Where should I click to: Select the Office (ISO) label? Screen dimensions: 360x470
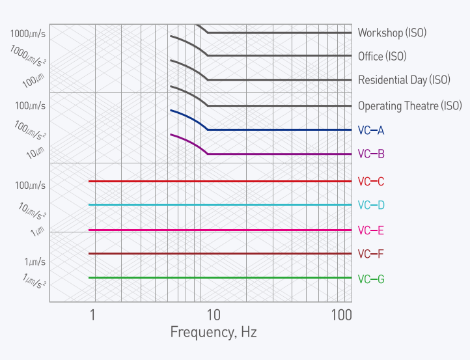(x=382, y=57)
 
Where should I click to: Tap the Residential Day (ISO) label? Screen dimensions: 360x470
(x=404, y=80)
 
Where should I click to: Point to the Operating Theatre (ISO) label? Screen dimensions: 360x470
(x=409, y=105)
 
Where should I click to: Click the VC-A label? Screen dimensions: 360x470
(x=371, y=130)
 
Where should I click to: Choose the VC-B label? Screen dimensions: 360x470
(x=371, y=154)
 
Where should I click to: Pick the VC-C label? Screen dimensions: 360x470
(x=371, y=181)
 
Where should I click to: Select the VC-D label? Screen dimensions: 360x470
(x=371, y=205)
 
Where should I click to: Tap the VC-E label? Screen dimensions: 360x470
(x=371, y=230)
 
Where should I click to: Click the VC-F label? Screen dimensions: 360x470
(x=371, y=254)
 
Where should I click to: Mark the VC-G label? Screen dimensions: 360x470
(x=371, y=279)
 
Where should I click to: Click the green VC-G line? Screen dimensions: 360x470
(x=221, y=277)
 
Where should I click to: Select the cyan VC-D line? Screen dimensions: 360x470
(x=221, y=204)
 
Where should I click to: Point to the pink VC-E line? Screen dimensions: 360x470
(x=221, y=230)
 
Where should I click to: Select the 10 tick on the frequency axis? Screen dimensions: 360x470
(x=213, y=315)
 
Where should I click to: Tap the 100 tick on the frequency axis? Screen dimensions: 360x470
(x=341, y=315)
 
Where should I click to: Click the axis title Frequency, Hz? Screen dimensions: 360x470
(x=214, y=333)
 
